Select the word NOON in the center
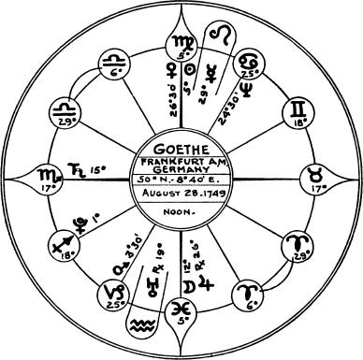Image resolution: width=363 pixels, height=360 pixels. (181, 212)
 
